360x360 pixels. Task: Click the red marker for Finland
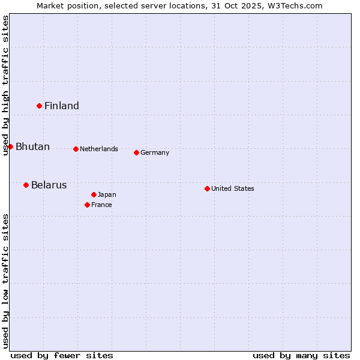click(39, 106)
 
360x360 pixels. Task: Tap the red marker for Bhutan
click(10, 146)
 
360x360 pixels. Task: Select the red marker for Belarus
click(26, 185)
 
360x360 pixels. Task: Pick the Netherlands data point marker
click(76, 149)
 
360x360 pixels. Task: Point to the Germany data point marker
click(136, 152)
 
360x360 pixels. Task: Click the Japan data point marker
click(94, 194)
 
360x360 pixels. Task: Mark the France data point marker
click(87, 205)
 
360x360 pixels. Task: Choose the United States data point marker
click(207, 188)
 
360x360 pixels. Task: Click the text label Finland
click(62, 106)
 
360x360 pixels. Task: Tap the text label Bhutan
click(32, 147)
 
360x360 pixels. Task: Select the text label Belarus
click(49, 185)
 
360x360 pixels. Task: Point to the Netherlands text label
click(99, 149)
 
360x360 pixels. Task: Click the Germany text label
click(155, 153)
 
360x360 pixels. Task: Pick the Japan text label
click(107, 195)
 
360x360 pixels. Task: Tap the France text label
click(101, 205)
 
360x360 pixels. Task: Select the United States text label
click(233, 189)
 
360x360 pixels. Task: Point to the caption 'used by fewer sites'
click(62, 355)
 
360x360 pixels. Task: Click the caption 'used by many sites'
click(301, 355)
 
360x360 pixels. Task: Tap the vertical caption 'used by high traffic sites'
click(5, 85)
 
